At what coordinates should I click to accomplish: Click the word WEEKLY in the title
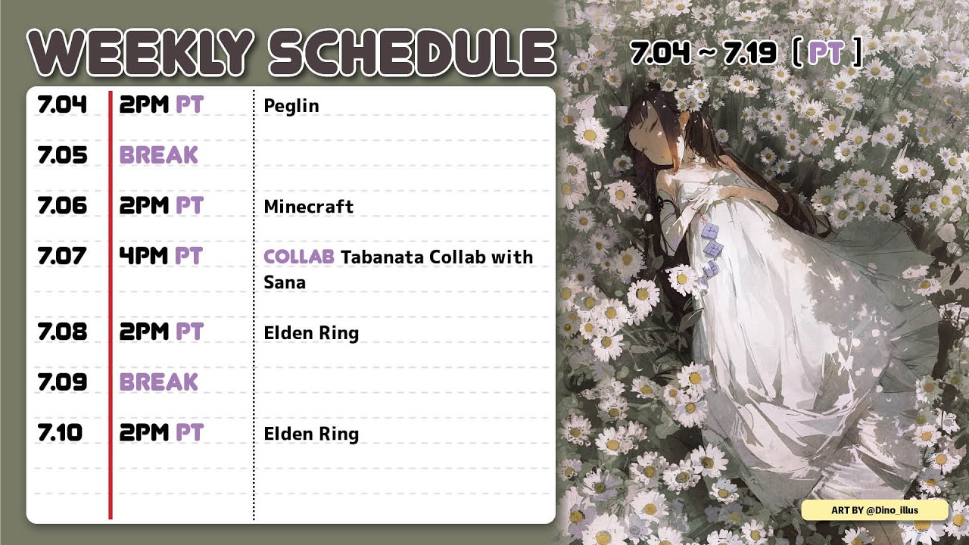[x=141, y=53]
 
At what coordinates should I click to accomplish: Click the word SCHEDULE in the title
[x=413, y=53]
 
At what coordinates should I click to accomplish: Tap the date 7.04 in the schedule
[x=62, y=104]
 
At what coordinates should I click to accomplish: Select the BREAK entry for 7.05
[x=159, y=155]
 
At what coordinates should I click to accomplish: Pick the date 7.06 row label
[x=62, y=205]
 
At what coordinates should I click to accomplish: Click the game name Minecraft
[x=308, y=207]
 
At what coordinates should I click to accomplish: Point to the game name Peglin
[x=291, y=107]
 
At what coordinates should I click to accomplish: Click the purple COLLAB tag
[x=299, y=257]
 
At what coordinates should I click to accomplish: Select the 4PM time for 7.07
[x=144, y=256]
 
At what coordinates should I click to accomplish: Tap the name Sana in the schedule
[x=285, y=282]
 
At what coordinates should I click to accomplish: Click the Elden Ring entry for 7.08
[x=311, y=333]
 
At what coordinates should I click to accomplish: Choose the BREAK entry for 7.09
[x=159, y=382]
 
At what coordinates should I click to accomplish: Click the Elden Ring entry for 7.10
[x=311, y=434]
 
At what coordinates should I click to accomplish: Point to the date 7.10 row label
[x=60, y=432]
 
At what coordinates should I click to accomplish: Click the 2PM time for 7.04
[x=144, y=104]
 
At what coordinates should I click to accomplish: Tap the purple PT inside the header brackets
[x=826, y=53]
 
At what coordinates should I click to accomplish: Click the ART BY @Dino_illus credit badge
[x=874, y=510]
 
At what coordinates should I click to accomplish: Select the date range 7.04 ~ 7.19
[x=703, y=53]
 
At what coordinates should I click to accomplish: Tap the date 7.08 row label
[x=62, y=332]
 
